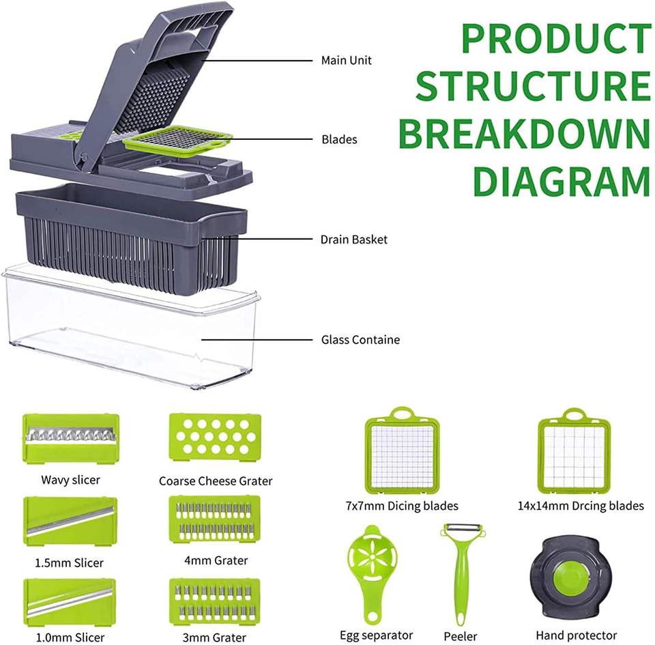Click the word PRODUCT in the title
556,39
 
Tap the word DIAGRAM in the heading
562,181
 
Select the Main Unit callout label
347,61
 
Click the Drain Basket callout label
353,240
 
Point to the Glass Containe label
360,339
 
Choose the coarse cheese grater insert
214,437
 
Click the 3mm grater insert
214,601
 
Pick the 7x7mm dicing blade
402,450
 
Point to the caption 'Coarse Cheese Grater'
216,481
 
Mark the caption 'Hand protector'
576,635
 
